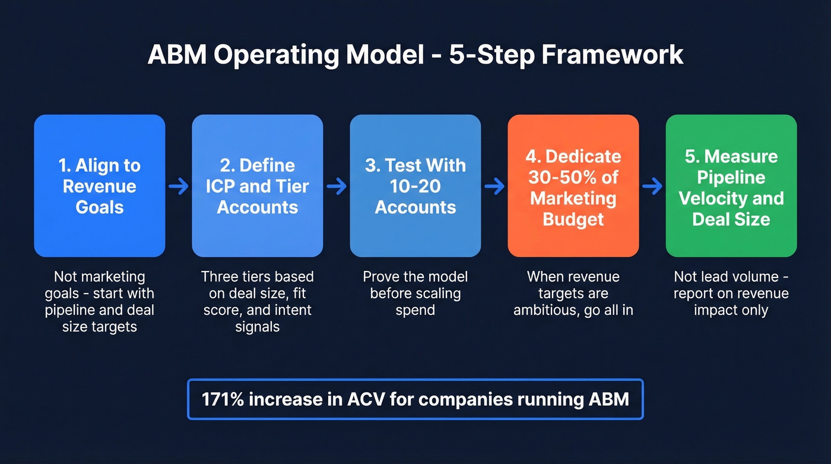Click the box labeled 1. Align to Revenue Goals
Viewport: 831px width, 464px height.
pyautogui.click(x=100, y=186)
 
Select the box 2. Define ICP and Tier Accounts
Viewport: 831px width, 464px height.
pyautogui.click(x=258, y=186)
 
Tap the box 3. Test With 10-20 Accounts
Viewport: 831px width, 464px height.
pyautogui.click(x=415, y=186)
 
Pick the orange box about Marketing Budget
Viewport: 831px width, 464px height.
pyautogui.click(x=573, y=186)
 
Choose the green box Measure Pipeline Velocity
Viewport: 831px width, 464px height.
pyautogui.click(x=731, y=186)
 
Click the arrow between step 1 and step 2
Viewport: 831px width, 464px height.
pyautogui.click(x=179, y=187)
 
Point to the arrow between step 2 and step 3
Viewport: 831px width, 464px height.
pyautogui.click(x=337, y=187)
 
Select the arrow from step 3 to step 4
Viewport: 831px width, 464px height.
pyautogui.click(x=494, y=187)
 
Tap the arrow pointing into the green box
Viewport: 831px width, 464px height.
pyautogui.click(x=652, y=187)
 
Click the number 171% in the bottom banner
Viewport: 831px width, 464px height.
pyautogui.click(x=223, y=399)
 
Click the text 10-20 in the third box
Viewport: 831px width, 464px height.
pyautogui.click(x=415, y=186)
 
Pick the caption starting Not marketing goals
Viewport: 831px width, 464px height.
pyautogui.click(x=100, y=302)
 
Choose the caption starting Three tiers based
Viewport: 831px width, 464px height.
pyautogui.click(x=258, y=302)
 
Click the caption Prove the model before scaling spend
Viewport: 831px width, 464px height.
pyautogui.click(x=415, y=293)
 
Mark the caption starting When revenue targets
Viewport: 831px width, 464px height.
pyautogui.click(x=573, y=293)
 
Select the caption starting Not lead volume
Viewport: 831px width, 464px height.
pyautogui.click(x=731, y=293)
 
